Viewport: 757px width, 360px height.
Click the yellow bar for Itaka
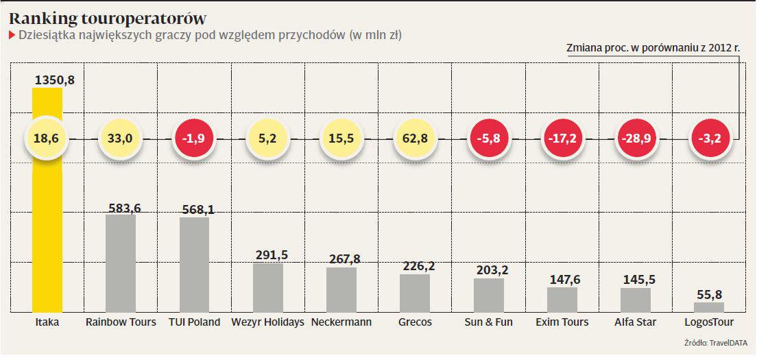coord(47,206)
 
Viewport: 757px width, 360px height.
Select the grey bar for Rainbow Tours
coord(121,264)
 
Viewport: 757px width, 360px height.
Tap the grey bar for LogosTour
coord(708,307)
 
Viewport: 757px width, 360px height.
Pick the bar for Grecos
coord(415,293)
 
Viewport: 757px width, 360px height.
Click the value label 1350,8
coord(54,80)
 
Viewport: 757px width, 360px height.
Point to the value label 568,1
coord(194,210)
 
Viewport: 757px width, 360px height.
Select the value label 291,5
coord(268,255)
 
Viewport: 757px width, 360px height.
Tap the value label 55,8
coord(709,295)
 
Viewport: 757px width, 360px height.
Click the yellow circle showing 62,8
coord(415,139)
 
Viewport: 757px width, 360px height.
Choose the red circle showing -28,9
coord(635,139)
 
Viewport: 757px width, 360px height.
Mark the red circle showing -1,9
coord(195,139)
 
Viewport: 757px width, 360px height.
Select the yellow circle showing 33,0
coord(120,139)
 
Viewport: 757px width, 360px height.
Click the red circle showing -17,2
coord(562,139)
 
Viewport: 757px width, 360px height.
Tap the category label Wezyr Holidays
coord(268,322)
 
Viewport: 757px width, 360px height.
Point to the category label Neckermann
coord(341,322)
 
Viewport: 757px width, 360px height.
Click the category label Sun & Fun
coord(488,322)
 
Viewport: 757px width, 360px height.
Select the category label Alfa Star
coord(635,322)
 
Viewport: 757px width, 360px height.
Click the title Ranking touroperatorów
coord(108,19)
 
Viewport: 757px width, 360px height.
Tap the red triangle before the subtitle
coord(12,35)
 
